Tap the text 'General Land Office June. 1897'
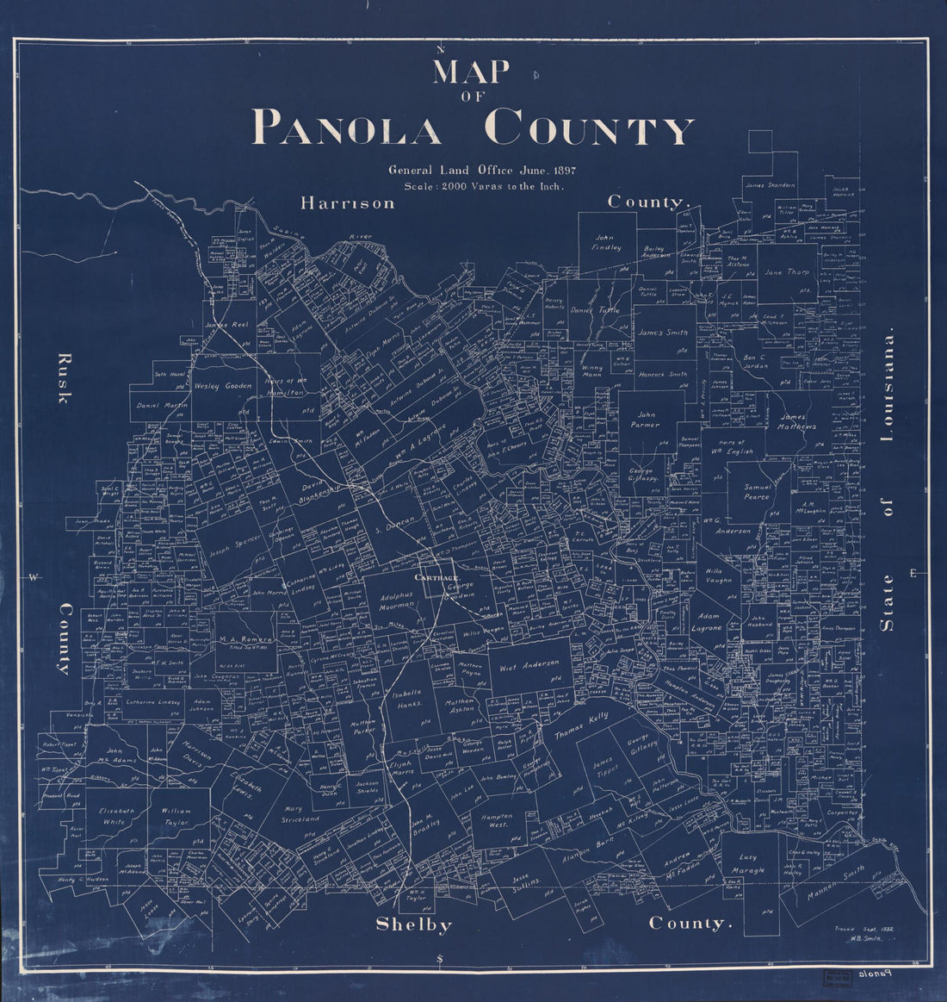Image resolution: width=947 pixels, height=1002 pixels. coord(481,171)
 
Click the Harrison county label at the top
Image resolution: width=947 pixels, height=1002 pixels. coord(348,203)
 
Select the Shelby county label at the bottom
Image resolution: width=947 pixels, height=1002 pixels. coord(414,924)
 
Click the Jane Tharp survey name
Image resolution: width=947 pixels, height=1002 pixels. coord(783,272)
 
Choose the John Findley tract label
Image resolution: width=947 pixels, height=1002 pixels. coord(606,242)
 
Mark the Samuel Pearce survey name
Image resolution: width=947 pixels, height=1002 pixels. coord(758,492)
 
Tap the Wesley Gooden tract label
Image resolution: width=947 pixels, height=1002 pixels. coord(222,386)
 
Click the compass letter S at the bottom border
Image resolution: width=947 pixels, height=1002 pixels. coord(440,959)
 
